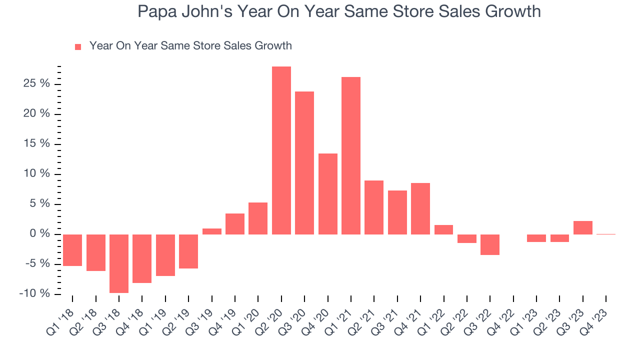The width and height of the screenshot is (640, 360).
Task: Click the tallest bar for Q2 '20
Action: tap(281, 150)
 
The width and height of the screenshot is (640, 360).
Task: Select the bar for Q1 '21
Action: tap(351, 155)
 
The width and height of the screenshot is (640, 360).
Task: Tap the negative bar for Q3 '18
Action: tap(119, 263)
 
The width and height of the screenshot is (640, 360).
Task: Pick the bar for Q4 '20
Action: tap(328, 193)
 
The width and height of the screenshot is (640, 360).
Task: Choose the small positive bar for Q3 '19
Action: tap(212, 231)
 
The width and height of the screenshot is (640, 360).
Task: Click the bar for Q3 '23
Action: tap(583, 227)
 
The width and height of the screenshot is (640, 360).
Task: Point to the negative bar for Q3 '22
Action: tap(490, 244)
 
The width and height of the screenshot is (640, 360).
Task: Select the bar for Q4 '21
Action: tap(420, 208)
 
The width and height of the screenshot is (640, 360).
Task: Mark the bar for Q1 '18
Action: tap(72, 250)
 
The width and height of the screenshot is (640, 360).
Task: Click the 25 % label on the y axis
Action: tap(38, 83)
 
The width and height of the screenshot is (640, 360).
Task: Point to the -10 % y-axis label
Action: tap(35, 293)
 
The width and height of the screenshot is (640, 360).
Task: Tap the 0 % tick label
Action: tap(40, 234)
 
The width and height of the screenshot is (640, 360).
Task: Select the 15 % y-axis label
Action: tap(38, 144)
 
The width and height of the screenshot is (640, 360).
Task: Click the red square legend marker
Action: tap(78, 47)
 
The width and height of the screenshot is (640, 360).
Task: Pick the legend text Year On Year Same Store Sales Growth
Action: tap(190, 46)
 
